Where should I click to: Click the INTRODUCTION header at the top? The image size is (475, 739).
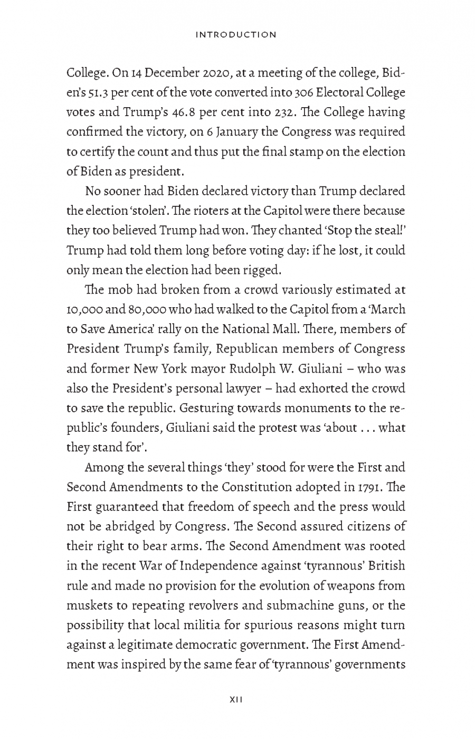pyautogui.click(x=235, y=35)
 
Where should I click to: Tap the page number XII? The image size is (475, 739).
pyautogui.click(x=235, y=700)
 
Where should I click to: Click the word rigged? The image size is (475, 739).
pyautogui.click(x=261, y=270)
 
